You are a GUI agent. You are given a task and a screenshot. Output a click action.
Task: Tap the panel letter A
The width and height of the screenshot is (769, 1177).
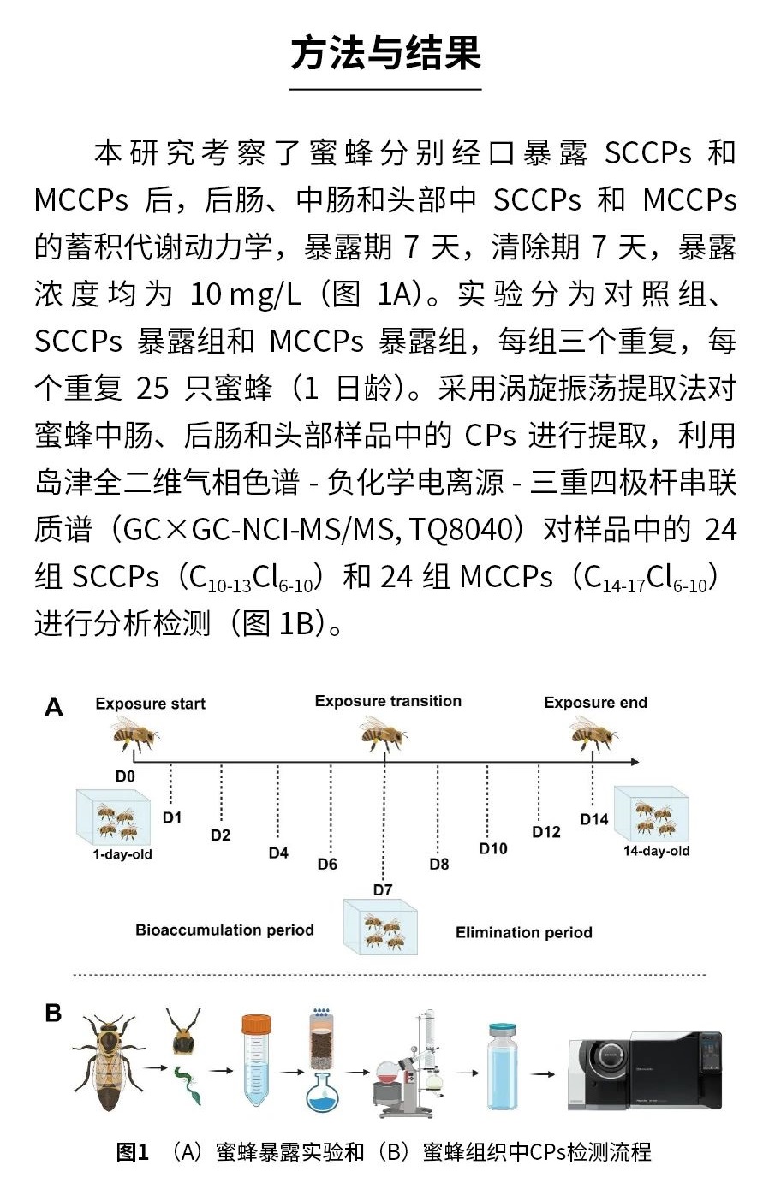[54, 707]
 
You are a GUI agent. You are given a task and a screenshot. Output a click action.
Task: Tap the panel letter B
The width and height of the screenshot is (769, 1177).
[53, 1013]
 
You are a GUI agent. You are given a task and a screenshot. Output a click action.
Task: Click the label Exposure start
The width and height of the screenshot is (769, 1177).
[151, 704]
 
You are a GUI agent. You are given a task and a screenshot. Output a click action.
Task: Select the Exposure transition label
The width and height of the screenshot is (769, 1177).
[388, 701]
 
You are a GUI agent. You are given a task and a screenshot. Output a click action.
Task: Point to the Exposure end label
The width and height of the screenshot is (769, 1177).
[595, 703]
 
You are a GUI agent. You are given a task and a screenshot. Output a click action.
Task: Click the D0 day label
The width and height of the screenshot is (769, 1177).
[125, 776]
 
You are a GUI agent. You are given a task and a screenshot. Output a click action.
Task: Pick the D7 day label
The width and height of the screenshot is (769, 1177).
[383, 889]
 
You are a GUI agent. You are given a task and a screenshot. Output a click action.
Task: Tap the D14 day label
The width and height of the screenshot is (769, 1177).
[594, 819]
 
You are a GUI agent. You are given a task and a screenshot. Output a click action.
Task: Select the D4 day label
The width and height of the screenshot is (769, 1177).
[278, 853]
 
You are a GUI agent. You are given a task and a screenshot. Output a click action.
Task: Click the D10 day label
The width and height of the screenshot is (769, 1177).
[493, 848]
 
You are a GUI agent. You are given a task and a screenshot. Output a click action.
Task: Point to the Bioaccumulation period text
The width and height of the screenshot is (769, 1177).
[224, 930]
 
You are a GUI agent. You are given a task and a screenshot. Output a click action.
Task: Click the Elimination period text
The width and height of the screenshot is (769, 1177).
[523, 933]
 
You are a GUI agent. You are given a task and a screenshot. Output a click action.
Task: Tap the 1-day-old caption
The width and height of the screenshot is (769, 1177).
[122, 854]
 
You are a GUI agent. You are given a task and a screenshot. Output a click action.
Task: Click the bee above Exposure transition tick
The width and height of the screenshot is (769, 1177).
[383, 733]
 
